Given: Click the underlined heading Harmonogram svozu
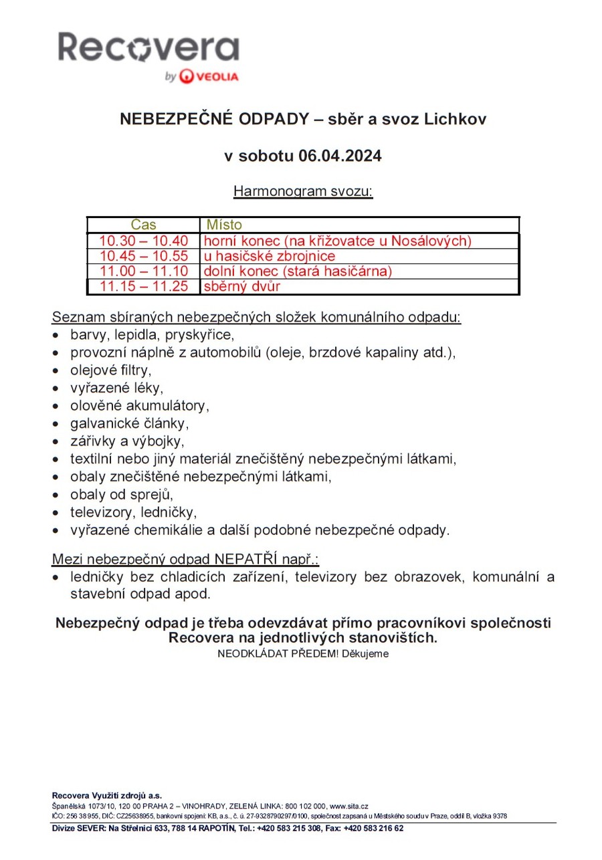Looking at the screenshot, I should [302, 191].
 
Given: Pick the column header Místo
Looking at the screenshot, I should [224, 225].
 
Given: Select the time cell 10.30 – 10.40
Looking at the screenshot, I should [143, 241].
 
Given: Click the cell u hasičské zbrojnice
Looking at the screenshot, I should [270, 256].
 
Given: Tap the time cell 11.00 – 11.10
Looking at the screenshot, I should [143, 272].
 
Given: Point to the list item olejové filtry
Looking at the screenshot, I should [111, 369].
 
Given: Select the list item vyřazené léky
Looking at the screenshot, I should [116, 387].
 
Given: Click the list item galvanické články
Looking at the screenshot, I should [130, 423].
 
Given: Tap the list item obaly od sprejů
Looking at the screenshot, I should [121, 495].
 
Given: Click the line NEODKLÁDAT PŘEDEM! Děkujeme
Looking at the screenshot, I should [302, 653].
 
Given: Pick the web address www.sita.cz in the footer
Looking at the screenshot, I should [349, 807].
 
